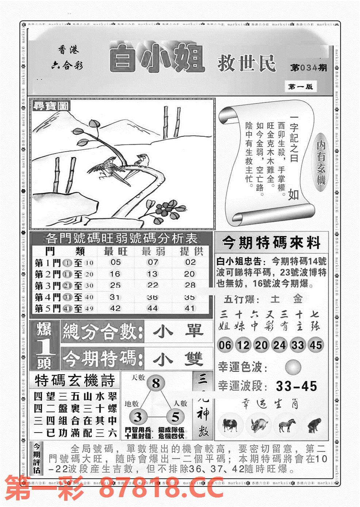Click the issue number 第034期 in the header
point(309,68)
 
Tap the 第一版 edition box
point(300,87)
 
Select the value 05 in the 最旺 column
point(115,262)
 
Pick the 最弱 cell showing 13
point(152,274)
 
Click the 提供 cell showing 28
point(190,285)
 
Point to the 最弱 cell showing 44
point(152,308)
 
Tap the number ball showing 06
point(225,345)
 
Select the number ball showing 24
point(280,345)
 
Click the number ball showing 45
point(315,345)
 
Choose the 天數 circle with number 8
point(156,384)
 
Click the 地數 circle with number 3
point(138,417)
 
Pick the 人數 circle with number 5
point(176,417)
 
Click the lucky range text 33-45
point(296,386)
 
